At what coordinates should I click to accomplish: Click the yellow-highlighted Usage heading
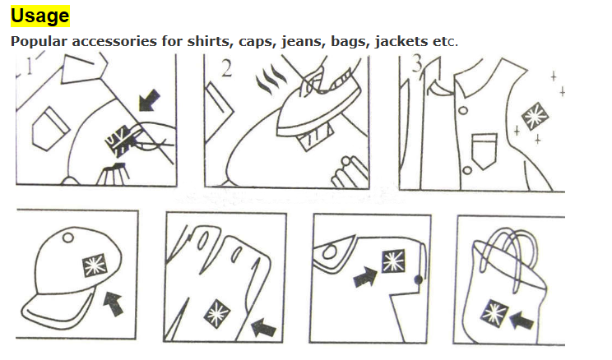(x=40, y=16)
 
